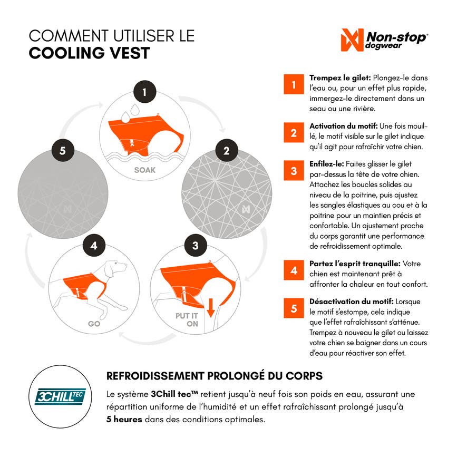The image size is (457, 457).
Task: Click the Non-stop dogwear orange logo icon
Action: click(x=352, y=40)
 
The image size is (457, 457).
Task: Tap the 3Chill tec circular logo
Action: click(x=60, y=396)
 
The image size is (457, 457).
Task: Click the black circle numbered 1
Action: click(x=145, y=92)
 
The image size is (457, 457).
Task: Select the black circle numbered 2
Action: click(x=227, y=150)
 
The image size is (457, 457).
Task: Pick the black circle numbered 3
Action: click(x=196, y=246)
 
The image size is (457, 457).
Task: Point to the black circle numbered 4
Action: click(x=94, y=246)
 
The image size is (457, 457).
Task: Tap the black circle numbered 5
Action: click(x=63, y=150)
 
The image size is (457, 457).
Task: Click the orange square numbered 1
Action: click(x=294, y=84)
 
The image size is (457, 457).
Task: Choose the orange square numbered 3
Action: click(x=294, y=170)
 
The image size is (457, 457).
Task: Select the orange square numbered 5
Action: click(x=294, y=308)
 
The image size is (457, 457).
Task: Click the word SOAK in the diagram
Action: click(x=145, y=170)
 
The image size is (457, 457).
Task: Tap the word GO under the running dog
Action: click(x=94, y=324)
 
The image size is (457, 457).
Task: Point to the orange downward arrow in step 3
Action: click(x=210, y=307)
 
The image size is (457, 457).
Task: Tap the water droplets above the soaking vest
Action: click(x=130, y=113)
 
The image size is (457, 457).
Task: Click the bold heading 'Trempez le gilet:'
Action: click(x=340, y=78)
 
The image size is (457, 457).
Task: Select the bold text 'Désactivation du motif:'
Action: click(x=352, y=302)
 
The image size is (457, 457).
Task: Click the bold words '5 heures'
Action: click(x=124, y=420)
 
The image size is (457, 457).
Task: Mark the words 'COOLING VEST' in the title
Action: click(x=90, y=53)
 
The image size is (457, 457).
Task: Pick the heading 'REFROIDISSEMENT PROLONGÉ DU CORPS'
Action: click(x=215, y=376)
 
